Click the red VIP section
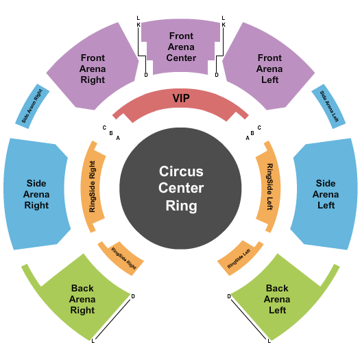pyautogui.click(x=180, y=100)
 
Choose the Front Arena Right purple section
pyautogui.click(x=93, y=69)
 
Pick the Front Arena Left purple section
pyautogui.click(x=269, y=69)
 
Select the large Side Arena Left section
pyautogui.click(x=326, y=194)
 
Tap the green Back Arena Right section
pyautogui.click(x=82, y=299)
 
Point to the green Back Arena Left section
pyautogui.click(x=277, y=299)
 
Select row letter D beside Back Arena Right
pyautogui.click(x=132, y=296)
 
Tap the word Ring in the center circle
pyautogui.click(x=181, y=205)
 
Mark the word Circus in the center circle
pyautogui.click(x=181, y=171)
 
